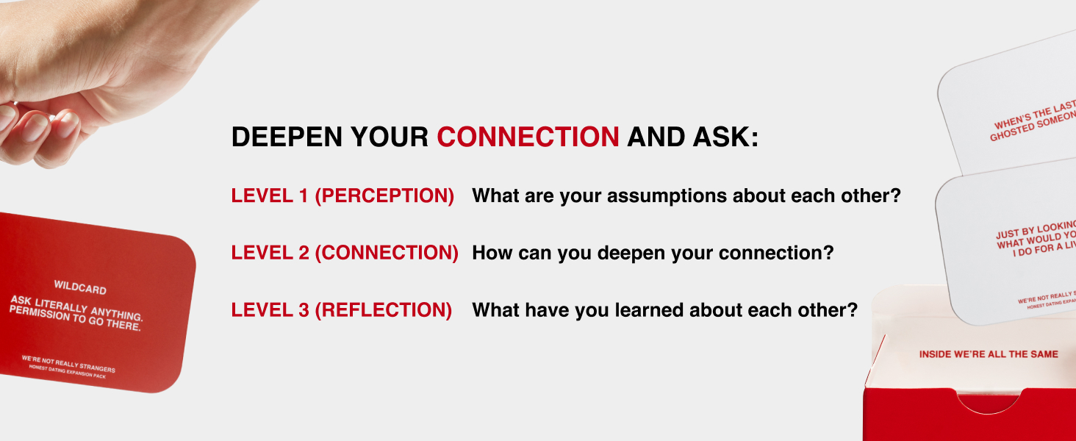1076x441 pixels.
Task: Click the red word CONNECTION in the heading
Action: tap(528, 137)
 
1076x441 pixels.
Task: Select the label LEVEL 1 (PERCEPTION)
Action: tap(342, 196)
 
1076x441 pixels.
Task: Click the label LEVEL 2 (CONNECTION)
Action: tap(345, 253)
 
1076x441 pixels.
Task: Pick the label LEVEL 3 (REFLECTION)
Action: tap(342, 310)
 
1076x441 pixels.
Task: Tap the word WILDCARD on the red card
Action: tap(80, 287)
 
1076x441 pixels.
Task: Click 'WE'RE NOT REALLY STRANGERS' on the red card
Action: tap(68, 364)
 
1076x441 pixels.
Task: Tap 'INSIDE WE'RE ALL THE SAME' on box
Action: tap(989, 354)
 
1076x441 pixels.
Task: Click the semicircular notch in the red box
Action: tap(989, 403)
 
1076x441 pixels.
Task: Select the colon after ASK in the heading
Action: tap(753, 138)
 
